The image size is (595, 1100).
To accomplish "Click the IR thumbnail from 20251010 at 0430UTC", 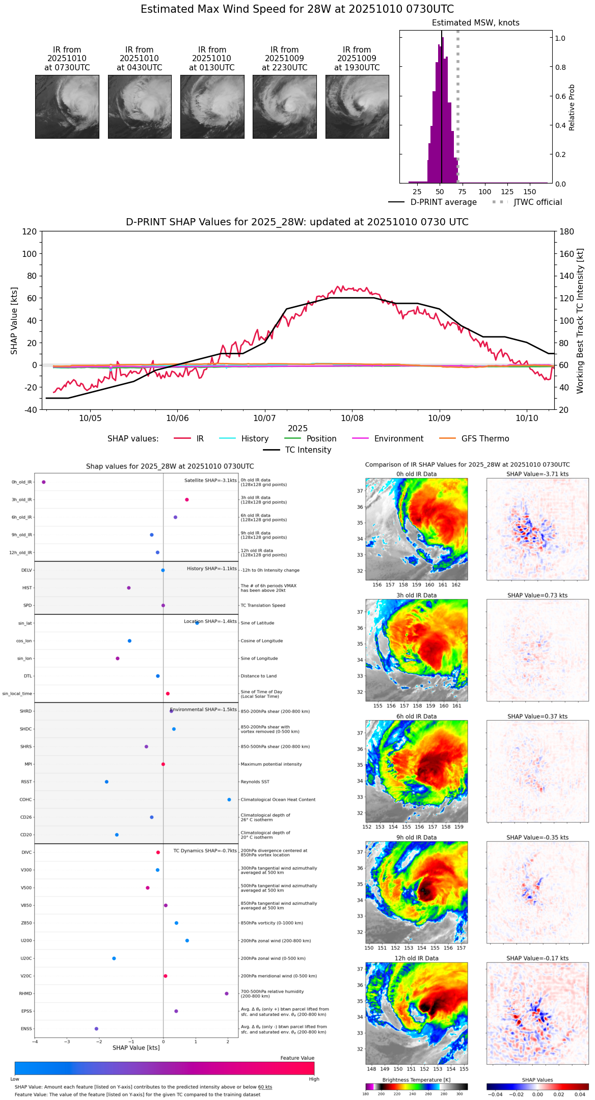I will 140,107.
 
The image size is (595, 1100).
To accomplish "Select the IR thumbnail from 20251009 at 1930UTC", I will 357,107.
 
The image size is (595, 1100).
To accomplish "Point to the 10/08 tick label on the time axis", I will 352,418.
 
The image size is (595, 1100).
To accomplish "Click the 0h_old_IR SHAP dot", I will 44,482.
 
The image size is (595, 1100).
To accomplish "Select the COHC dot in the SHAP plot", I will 229,800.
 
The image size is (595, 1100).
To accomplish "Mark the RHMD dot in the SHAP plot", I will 227,993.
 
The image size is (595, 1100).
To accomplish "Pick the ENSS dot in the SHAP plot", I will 96,1029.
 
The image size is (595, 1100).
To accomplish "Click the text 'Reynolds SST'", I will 255,782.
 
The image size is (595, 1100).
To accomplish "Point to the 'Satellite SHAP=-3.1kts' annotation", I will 210,481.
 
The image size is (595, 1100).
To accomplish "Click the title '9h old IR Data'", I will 416,837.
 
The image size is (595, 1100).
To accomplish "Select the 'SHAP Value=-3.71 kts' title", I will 537,474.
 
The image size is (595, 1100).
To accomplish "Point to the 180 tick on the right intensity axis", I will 567,232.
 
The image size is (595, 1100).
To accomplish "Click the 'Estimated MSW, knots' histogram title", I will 476,23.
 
